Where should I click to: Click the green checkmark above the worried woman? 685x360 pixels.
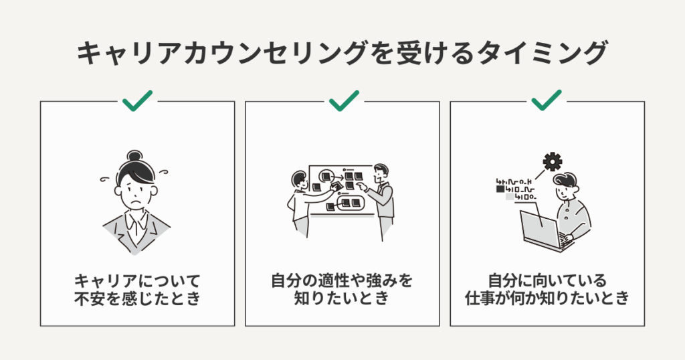[x=137, y=101]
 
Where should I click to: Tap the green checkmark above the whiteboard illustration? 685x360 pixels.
[x=344, y=101]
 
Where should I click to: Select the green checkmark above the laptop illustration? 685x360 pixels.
[x=547, y=100]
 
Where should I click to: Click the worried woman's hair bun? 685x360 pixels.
[x=134, y=156]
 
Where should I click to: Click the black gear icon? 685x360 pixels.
[x=553, y=162]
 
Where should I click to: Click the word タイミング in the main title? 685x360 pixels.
[x=542, y=53]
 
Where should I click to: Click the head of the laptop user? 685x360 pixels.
[x=565, y=185]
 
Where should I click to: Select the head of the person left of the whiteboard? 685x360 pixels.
[x=300, y=180]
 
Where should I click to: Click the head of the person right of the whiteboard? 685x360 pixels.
[x=381, y=172]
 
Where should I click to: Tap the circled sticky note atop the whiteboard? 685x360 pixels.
[x=326, y=177]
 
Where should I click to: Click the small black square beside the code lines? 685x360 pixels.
[x=500, y=189]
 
